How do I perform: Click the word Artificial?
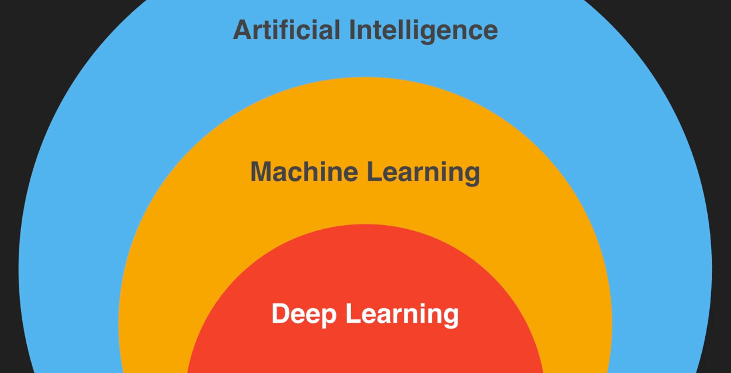286,30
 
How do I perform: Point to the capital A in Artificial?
242,30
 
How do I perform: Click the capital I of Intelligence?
354,30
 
